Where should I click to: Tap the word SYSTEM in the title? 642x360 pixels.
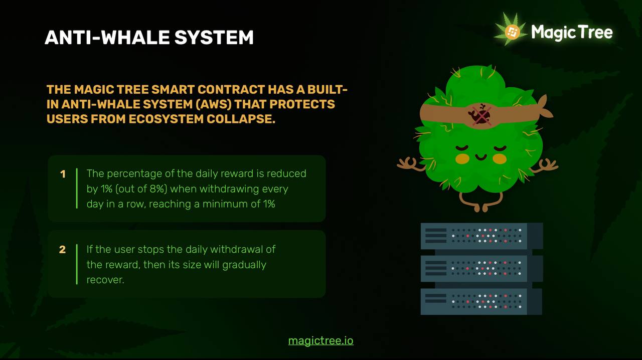click(214, 38)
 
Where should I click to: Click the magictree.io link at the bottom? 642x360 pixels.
click(320, 341)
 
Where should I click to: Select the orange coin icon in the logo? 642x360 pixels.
click(513, 32)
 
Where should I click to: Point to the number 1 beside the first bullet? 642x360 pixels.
click(63, 174)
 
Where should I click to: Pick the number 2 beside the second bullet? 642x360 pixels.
click(62, 250)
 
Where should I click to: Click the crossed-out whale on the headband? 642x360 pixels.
click(480, 115)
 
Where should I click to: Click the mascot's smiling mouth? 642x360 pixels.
click(481, 157)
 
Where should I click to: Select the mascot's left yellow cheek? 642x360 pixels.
click(462, 158)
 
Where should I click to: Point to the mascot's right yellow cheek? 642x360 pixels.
click(500, 158)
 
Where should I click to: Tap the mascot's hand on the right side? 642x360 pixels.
click(547, 165)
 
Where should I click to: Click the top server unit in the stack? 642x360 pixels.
click(481, 236)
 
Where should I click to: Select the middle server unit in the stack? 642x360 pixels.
click(481, 269)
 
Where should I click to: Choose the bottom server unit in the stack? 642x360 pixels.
click(481, 301)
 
